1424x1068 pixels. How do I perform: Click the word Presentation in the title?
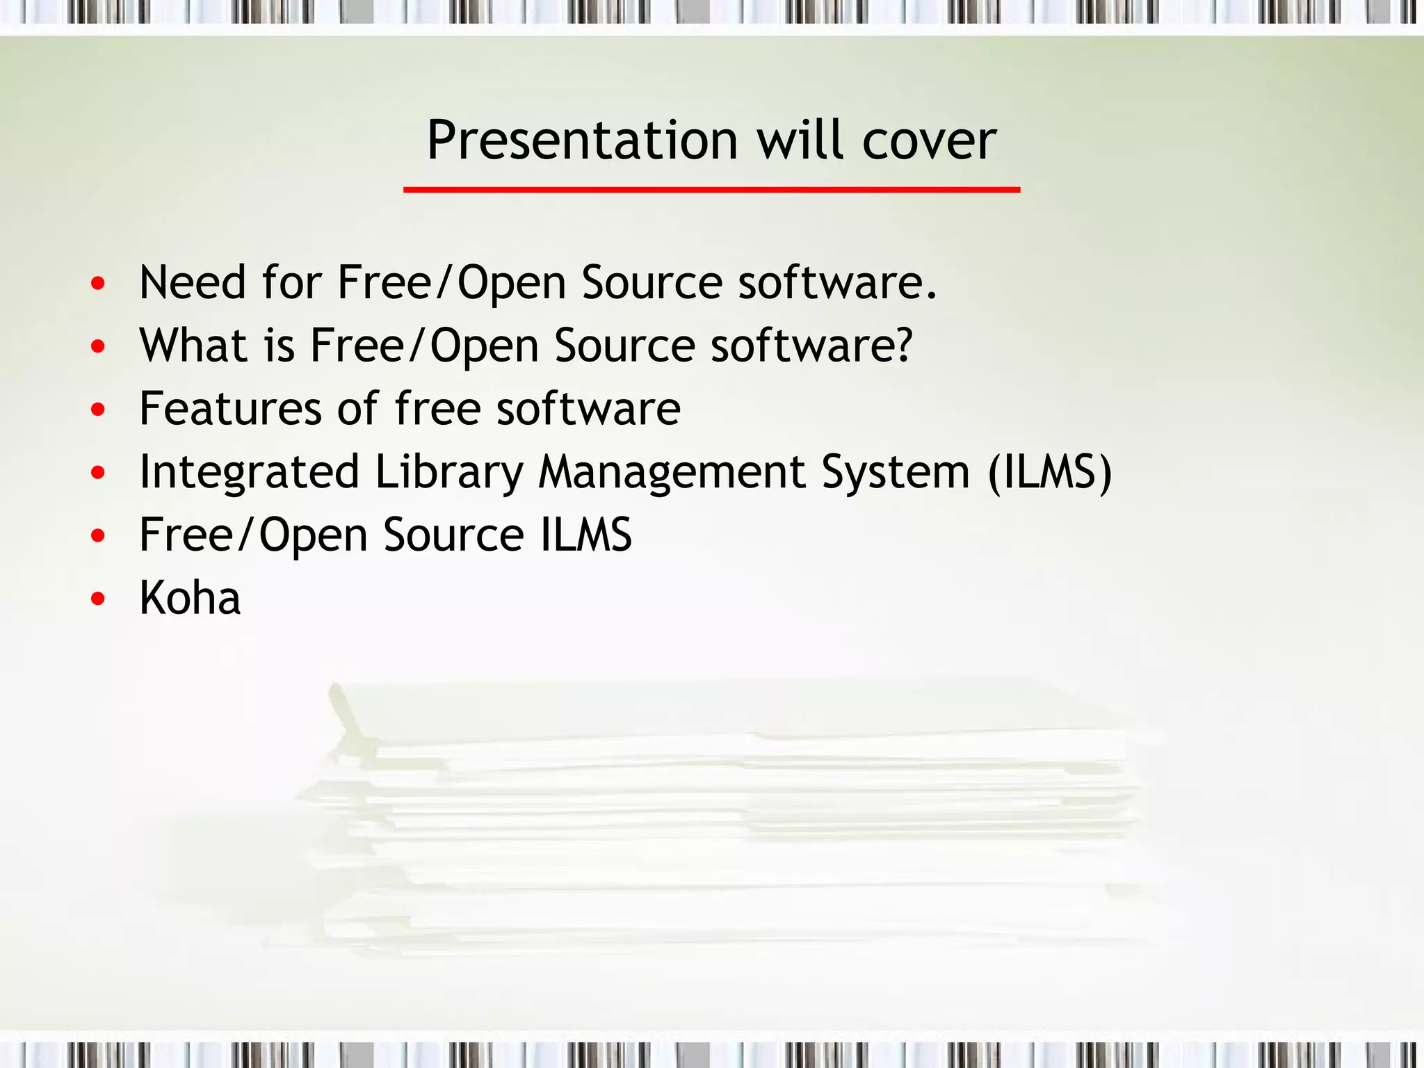click(581, 141)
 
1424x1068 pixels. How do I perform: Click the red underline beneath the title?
click(711, 189)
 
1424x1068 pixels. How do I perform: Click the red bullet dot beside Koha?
click(98, 599)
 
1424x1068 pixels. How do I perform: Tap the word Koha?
click(190, 598)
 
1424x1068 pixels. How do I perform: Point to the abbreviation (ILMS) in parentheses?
click(1050, 473)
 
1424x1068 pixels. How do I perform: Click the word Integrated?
click(249, 473)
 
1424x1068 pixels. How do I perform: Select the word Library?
click(448, 473)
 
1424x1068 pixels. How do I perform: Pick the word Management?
click(672, 473)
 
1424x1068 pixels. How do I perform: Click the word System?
click(896, 473)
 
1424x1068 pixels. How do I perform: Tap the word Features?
click(230, 409)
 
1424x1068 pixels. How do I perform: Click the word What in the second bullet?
click(193, 346)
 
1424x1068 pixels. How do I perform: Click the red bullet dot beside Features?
click(98, 410)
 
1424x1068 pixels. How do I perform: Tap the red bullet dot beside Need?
click(98, 283)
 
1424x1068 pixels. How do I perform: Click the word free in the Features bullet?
click(438, 409)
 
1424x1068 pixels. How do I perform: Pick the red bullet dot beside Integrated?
click(98, 473)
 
